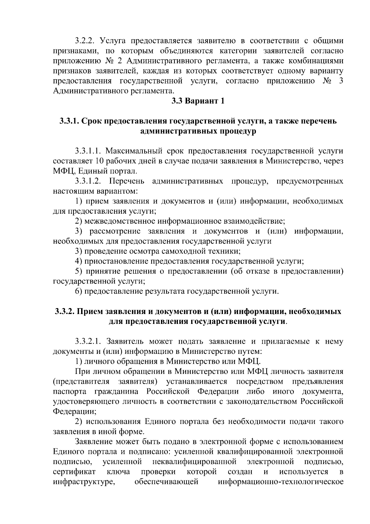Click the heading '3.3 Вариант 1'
pyautogui.click(x=198, y=101)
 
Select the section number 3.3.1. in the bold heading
pyautogui.click(x=70, y=121)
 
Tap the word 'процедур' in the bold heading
pyautogui.click(x=237, y=131)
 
